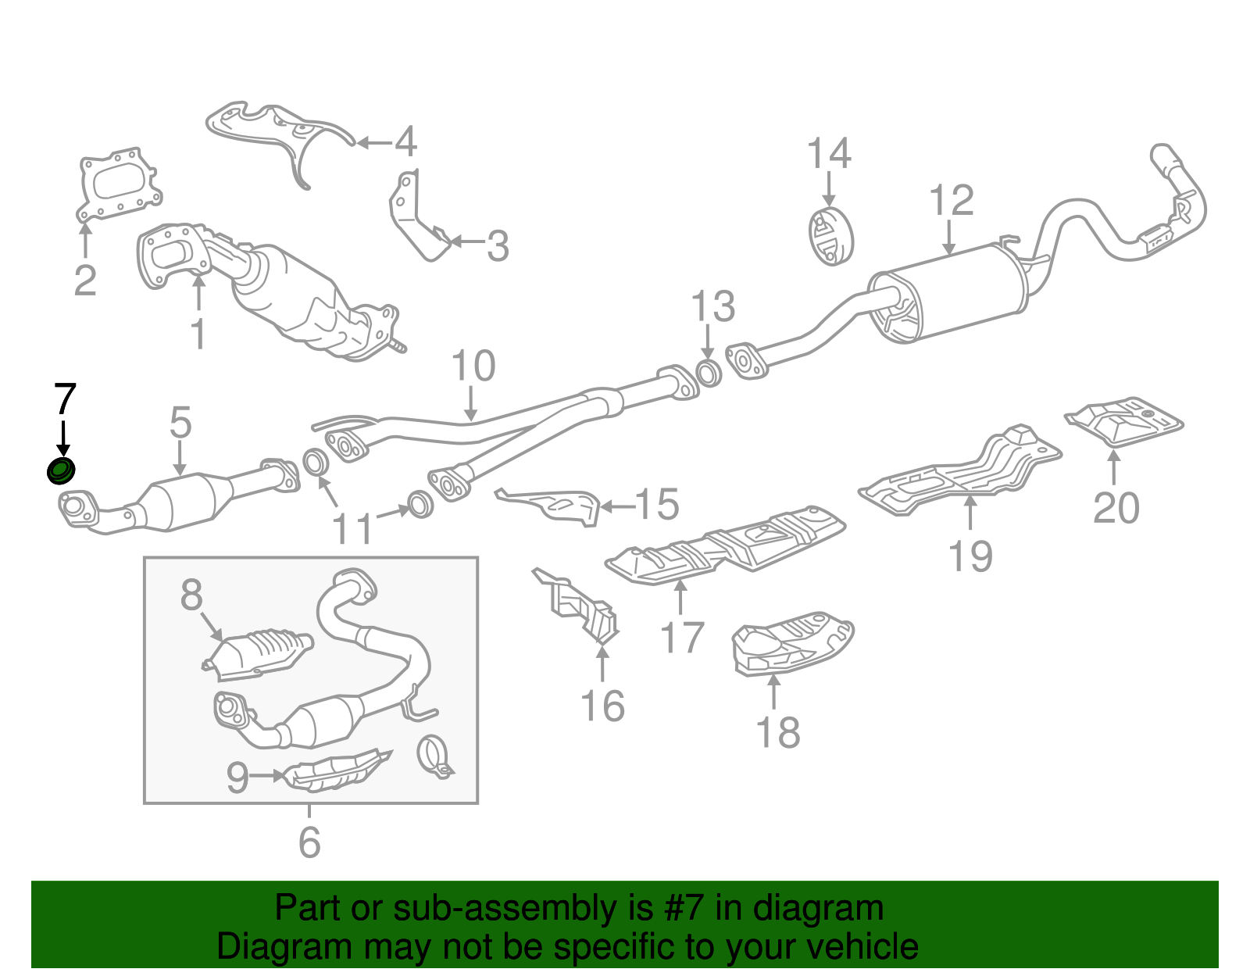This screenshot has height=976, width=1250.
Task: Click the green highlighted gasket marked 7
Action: click(61, 471)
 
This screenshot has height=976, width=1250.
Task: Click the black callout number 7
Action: click(64, 399)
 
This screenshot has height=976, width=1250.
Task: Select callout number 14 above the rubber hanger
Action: click(828, 154)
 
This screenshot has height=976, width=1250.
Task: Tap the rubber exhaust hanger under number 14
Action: click(830, 236)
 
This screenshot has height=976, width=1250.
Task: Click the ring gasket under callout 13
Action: click(707, 373)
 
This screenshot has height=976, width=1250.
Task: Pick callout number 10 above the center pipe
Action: click(473, 366)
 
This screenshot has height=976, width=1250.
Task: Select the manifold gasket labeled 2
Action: click(120, 185)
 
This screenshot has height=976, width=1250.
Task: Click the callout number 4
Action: click(405, 142)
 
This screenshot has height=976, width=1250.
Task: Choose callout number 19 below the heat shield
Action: click(970, 556)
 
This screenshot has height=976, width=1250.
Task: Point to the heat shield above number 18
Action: click(791, 643)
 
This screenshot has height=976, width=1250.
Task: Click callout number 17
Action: click(682, 637)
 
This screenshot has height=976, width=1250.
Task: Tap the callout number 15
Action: click(657, 505)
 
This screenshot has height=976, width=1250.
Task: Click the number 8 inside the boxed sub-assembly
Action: click(191, 595)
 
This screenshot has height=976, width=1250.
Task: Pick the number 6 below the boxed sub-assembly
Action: click(309, 842)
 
